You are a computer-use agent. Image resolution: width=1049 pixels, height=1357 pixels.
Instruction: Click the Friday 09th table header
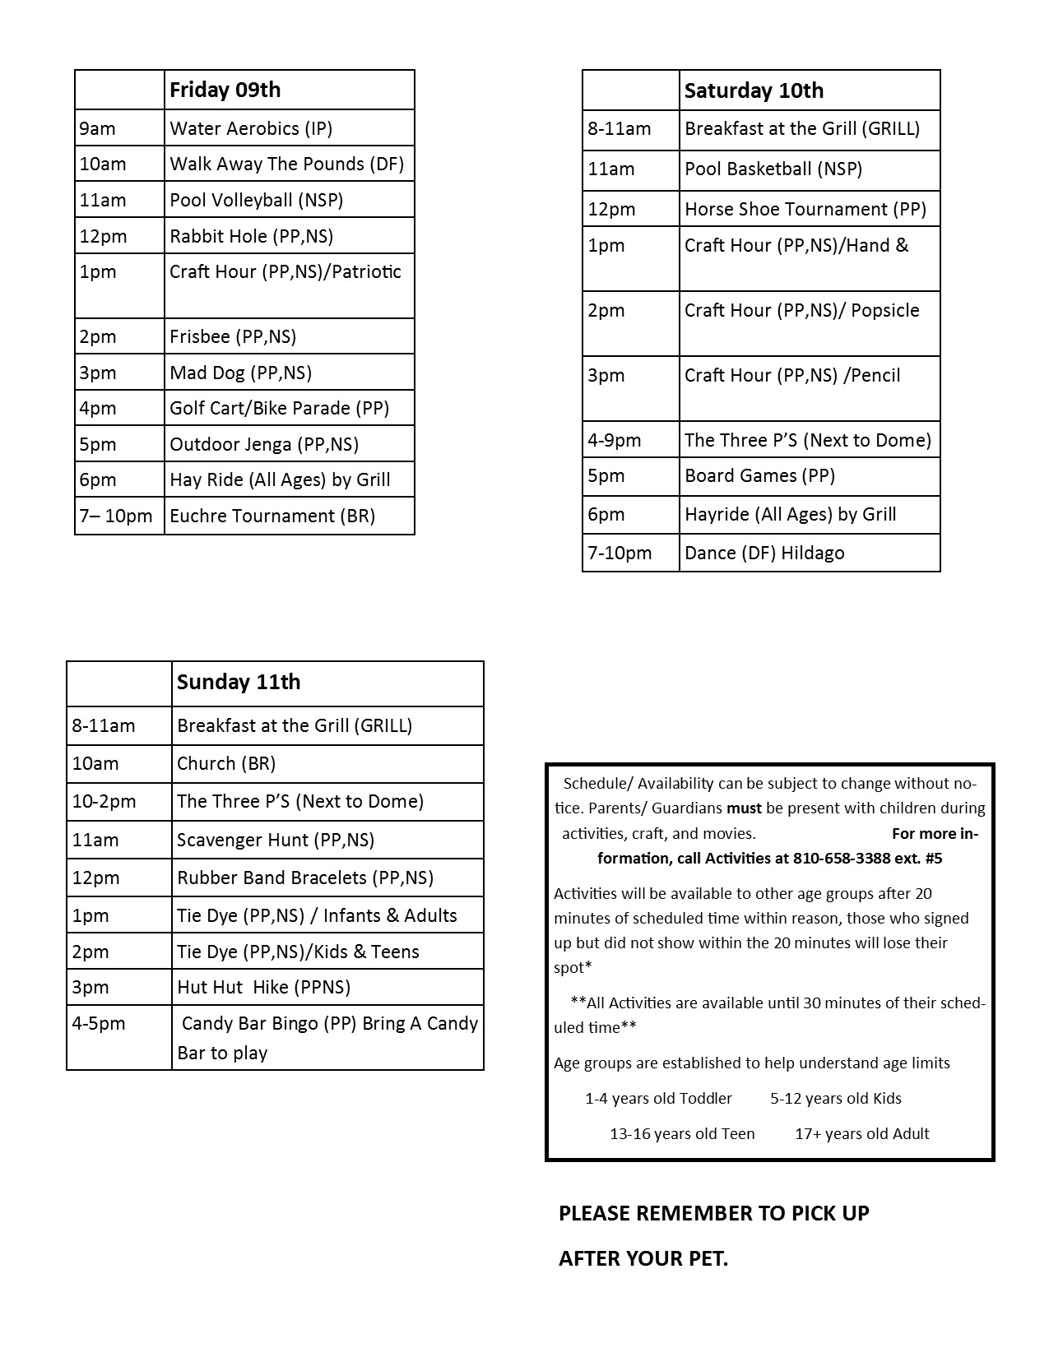point(225,90)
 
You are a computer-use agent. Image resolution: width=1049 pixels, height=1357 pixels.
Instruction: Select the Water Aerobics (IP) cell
point(251,128)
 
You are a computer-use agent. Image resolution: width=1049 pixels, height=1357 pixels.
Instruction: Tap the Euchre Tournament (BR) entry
point(272,516)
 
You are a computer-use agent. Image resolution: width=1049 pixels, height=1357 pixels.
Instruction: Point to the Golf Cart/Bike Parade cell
point(279,408)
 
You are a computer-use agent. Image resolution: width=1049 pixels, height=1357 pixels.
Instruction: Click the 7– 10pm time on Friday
point(116,516)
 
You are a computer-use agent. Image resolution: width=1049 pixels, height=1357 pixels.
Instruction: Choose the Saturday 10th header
point(754,90)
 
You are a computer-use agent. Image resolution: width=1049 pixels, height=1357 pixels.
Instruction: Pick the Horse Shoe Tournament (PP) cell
point(805,209)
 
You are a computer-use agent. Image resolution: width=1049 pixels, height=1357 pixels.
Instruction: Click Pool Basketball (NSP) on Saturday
point(773,169)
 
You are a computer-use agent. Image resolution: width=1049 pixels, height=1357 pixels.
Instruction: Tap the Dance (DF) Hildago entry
point(764,553)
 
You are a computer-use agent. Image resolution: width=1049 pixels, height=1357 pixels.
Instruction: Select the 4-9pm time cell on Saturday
point(615,440)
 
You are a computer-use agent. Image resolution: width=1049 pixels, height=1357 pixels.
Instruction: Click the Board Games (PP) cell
point(759,475)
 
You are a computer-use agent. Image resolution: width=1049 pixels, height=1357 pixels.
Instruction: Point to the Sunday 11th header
point(239,682)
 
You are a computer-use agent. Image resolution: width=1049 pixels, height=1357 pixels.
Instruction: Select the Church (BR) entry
point(226,763)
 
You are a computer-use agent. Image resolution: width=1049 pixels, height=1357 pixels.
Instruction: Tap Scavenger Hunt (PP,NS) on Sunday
point(276,840)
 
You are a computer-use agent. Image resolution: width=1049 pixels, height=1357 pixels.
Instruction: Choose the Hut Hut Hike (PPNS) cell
point(263,987)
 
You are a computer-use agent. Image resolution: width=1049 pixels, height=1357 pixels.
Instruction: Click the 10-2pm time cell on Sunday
point(104,801)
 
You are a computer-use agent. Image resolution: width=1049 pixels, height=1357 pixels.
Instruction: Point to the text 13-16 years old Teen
point(682,1133)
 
